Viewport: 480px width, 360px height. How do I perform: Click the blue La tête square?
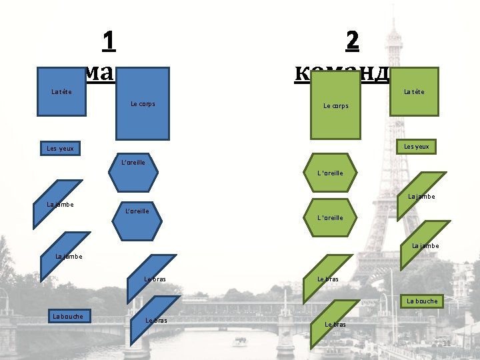coord(62,91)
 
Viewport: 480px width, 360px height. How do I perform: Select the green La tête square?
coord(414,91)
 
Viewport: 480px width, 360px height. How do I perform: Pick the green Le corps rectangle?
coord(336,105)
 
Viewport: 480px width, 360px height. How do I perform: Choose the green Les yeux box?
coord(417,146)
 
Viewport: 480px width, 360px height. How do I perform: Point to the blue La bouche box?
coord(68,316)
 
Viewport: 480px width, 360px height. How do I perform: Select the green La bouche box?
coord(421,301)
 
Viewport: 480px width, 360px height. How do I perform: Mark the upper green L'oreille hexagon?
coord(331,173)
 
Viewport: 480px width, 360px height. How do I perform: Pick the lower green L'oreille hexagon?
coord(331,217)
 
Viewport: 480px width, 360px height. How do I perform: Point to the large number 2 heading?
coord(353,41)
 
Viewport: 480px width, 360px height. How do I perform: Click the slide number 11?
coord(447,343)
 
